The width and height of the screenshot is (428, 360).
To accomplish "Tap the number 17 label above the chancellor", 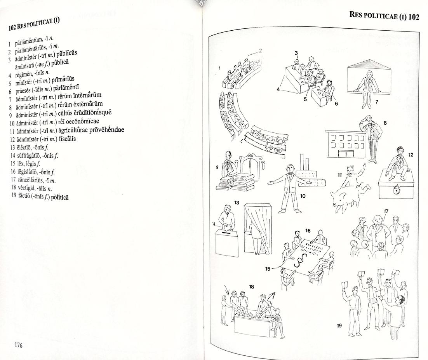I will [386, 211].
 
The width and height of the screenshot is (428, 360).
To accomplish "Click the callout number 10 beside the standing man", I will [303, 196].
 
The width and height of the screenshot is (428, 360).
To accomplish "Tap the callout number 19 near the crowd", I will [339, 325].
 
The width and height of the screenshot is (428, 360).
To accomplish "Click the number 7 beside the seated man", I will [376, 102].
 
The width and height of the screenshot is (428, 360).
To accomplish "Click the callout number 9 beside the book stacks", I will [217, 167].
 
